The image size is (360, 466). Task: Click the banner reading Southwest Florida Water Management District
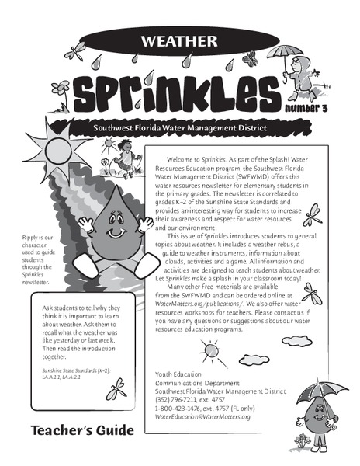(x=180, y=127)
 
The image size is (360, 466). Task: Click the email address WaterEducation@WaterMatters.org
(x=203, y=416)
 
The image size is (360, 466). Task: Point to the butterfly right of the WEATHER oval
(x=251, y=57)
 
